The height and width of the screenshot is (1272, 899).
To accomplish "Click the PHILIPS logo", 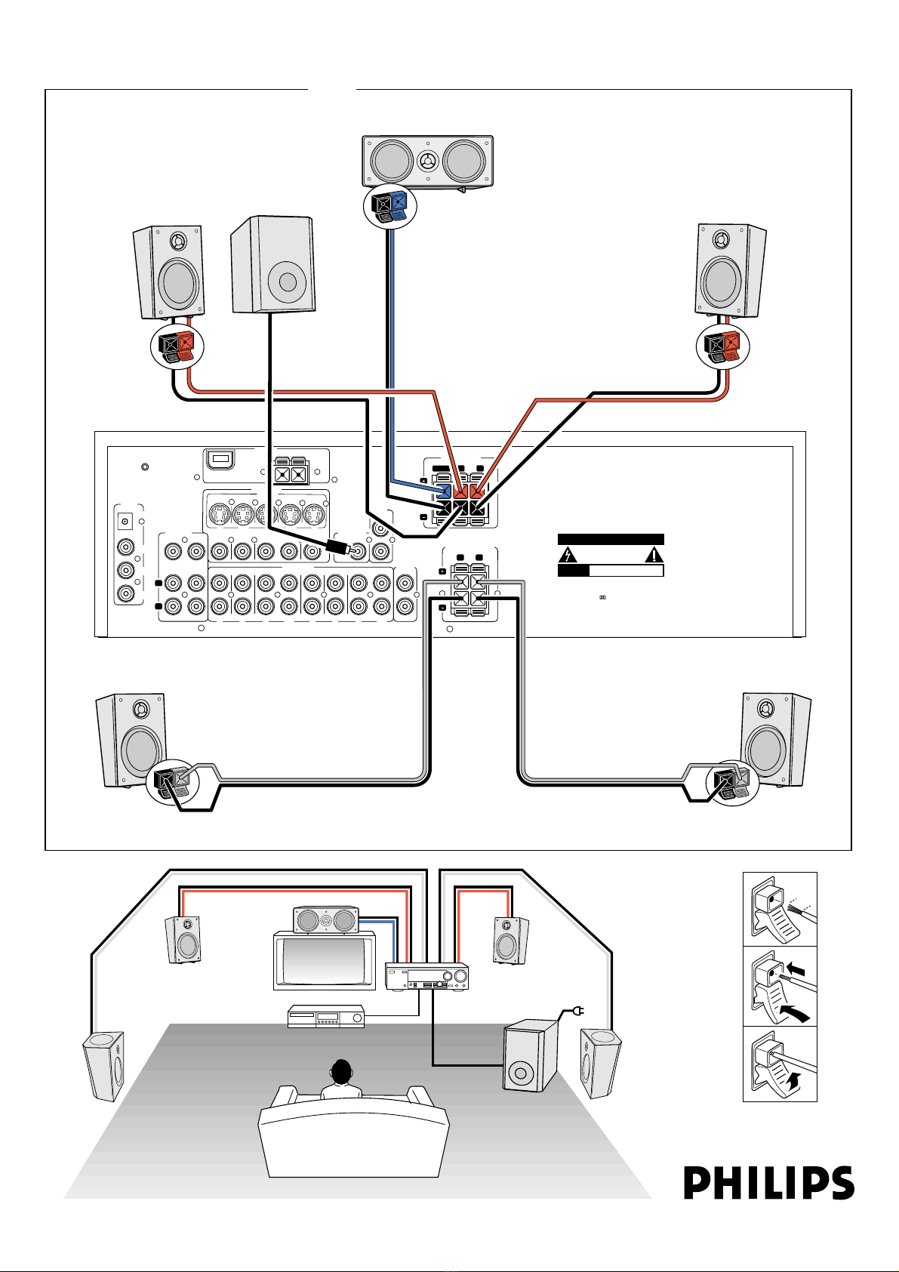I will (769, 1183).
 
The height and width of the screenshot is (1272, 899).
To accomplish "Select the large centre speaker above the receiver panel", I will (427, 161).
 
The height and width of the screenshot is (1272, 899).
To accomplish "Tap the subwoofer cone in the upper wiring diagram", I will (288, 282).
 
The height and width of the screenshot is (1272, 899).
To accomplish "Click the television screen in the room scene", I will (324, 961).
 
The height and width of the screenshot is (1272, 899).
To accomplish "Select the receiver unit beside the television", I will (427, 977).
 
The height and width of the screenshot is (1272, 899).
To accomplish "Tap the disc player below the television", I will (325, 1017).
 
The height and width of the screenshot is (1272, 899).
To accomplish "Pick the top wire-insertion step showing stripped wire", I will (780, 910).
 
